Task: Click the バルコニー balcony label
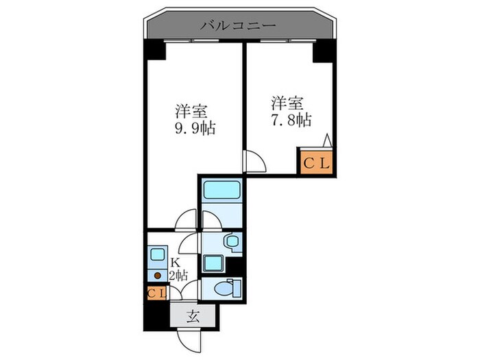pyautogui.click(x=238, y=26)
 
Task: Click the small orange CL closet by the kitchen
pyautogui.click(x=156, y=293)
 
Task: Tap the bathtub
pyautogui.click(x=221, y=191)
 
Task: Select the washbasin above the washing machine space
pyautogui.click(x=232, y=241)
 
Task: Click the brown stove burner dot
pyautogui.click(x=157, y=275)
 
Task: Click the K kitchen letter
pyautogui.click(x=176, y=262)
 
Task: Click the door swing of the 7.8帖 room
pyautogui.click(x=254, y=162)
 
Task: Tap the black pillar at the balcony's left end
pyautogui.click(x=155, y=49)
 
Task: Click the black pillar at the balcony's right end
pyautogui.click(x=322, y=51)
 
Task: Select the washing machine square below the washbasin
pyautogui.click(x=214, y=263)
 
